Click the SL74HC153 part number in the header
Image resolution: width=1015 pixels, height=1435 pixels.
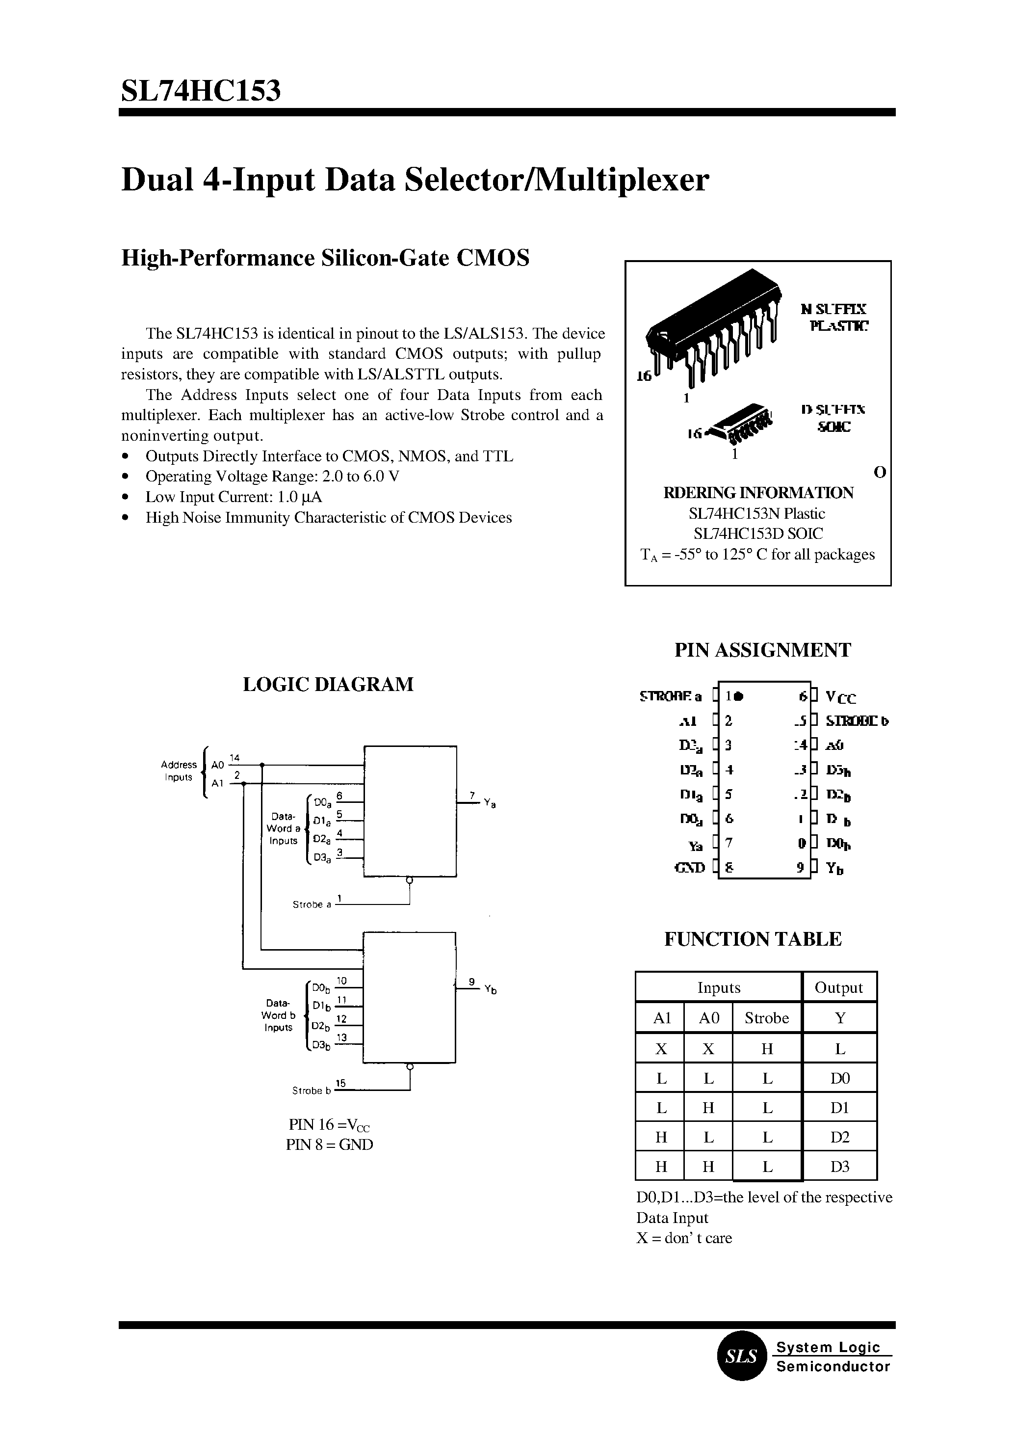(x=201, y=91)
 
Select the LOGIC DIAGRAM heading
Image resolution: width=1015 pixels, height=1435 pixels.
(x=328, y=684)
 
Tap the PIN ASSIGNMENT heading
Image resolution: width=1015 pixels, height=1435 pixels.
(x=762, y=650)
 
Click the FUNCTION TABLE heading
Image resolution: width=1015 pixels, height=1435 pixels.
(x=753, y=939)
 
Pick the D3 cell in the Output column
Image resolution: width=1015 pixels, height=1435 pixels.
(x=839, y=1167)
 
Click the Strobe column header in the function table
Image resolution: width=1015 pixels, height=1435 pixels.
(x=766, y=1018)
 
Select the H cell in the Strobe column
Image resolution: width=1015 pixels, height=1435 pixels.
(x=767, y=1049)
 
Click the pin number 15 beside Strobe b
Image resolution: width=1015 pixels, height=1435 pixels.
(x=340, y=1082)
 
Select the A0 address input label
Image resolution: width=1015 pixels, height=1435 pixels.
(x=217, y=765)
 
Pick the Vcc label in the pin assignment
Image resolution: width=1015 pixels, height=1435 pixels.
(x=841, y=697)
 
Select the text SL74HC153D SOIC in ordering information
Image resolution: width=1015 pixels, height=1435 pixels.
(x=757, y=533)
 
